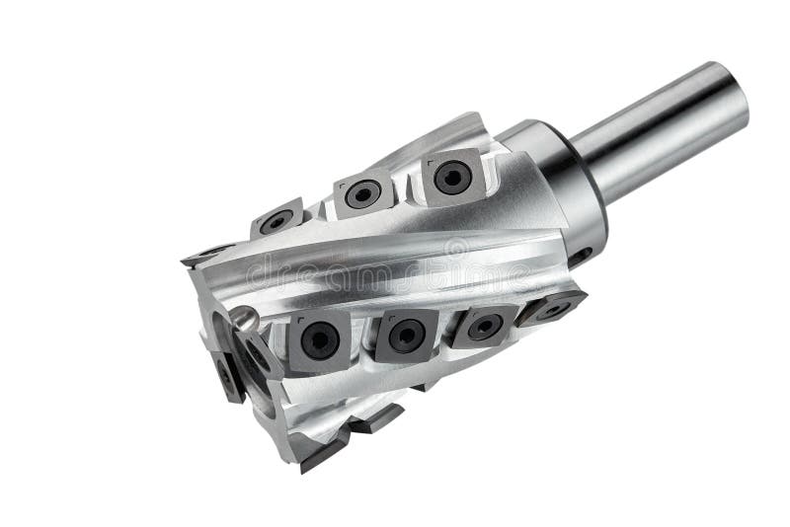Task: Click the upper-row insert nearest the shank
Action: point(451,177)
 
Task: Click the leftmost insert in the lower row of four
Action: point(319,340)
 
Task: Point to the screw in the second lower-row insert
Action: point(406,336)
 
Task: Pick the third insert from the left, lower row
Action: point(483,327)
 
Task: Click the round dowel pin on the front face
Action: point(243,319)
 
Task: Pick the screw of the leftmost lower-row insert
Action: point(319,340)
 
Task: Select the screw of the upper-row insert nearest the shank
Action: point(452,177)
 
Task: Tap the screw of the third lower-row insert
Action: point(484,327)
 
